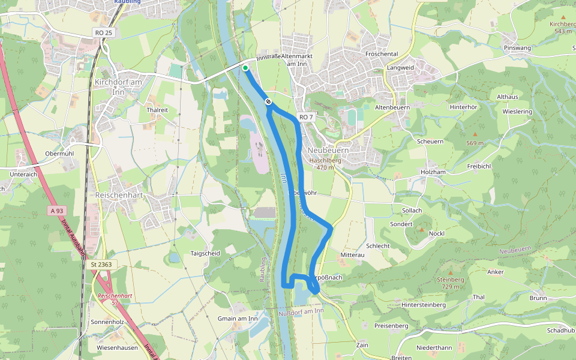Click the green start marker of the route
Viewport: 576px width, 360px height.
[x=245, y=68]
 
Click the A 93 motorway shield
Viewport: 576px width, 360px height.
[x=57, y=211]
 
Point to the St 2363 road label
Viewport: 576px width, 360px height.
[x=101, y=264]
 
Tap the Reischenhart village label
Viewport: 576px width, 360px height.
[x=118, y=195]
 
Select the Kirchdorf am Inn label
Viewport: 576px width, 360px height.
[x=118, y=86]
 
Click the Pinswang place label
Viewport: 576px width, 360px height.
[x=518, y=47]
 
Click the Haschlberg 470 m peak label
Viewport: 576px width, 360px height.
[x=325, y=164]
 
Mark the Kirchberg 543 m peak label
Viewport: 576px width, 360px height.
[x=562, y=28]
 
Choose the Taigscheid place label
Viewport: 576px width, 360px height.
[x=205, y=253]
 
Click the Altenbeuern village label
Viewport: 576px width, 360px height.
[x=392, y=107]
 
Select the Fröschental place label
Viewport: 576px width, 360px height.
[x=382, y=54]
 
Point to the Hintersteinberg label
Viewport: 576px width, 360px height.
[x=424, y=305]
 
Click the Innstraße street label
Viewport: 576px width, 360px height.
[x=268, y=58]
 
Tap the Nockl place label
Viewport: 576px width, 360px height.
[x=436, y=233]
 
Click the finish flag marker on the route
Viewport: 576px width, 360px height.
[x=268, y=102]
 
